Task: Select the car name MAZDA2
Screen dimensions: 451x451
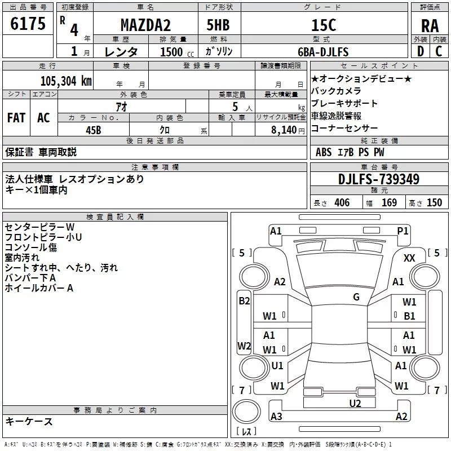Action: [x=146, y=25]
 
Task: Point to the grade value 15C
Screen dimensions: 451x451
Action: [x=323, y=25]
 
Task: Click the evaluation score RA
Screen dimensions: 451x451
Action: [x=430, y=25]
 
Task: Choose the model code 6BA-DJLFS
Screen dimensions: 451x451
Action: [x=323, y=52]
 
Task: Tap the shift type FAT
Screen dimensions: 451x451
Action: [x=16, y=117]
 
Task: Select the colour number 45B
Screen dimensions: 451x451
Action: [x=93, y=130]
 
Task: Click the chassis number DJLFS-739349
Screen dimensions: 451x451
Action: [x=379, y=179]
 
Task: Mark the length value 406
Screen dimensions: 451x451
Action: [x=342, y=203]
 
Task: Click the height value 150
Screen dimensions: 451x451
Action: [x=434, y=203]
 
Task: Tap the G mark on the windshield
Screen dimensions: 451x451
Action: [x=356, y=297]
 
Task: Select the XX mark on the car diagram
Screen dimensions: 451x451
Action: [x=410, y=258]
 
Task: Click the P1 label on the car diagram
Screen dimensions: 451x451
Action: [x=403, y=231]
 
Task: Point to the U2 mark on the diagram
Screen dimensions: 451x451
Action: [x=355, y=403]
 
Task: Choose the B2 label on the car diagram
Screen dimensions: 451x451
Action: [x=244, y=301]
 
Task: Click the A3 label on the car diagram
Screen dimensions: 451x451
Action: [x=276, y=417]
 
